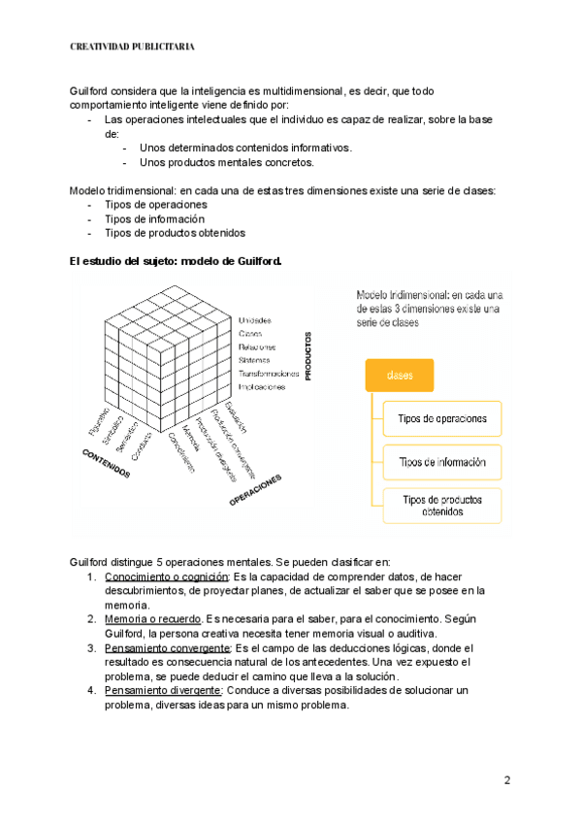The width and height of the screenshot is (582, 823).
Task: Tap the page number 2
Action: pyautogui.click(x=506, y=780)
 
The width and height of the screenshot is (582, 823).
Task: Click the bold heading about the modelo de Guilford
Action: pyautogui.click(x=176, y=259)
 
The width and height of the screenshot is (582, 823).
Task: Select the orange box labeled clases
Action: pyautogui.click(x=399, y=376)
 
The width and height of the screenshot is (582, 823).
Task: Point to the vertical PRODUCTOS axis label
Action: pyautogui.click(x=307, y=355)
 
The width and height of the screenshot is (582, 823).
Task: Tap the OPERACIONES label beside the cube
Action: pyautogui.click(x=255, y=490)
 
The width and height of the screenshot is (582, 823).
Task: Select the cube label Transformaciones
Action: pyautogui.click(x=268, y=374)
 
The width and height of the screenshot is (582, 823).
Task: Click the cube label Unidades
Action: pyautogui.click(x=254, y=320)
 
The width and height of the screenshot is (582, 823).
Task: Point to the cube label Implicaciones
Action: pyautogui.click(x=262, y=386)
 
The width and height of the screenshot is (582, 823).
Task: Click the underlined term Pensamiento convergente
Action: pyautogui.click(x=166, y=647)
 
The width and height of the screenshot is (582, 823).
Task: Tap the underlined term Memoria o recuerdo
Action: pyautogui.click(x=150, y=618)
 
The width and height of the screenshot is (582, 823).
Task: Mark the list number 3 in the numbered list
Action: pyautogui.click(x=90, y=647)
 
